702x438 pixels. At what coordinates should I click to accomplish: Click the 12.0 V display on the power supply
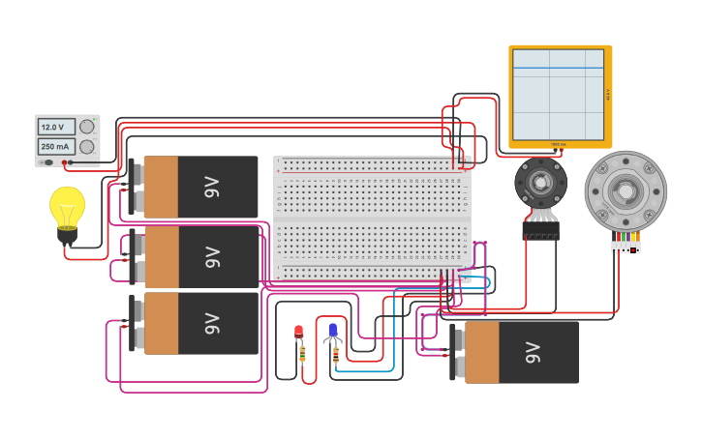click(x=51, y=127)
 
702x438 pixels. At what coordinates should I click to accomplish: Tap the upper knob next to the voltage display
click(x=87, y=127)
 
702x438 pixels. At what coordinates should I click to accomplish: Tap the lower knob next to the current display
click(x=87, y=146)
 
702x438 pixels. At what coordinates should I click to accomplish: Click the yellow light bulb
click(x=67, y=206)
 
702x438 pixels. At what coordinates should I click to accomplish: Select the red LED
click(x=299, y=333)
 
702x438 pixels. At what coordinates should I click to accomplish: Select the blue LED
click(x=333, y=331)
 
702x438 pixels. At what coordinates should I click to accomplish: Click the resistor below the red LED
click(x=301, y=355)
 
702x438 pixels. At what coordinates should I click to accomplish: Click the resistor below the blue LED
click(x=335, y=355)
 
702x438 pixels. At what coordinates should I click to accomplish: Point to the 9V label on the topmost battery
click(x=212, y=187)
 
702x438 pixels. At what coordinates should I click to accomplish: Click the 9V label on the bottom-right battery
click(x=532, y=353)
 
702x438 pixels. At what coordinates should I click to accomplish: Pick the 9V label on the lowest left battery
click(x=212, y=323)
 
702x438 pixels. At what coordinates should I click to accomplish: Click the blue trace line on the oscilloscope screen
click(x=560, y=69)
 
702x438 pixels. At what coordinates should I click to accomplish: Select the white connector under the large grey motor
click(x=626, y=247)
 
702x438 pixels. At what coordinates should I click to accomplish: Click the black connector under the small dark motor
click(x=540, y=230)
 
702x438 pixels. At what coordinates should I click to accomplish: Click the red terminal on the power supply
click(x=64, y=163)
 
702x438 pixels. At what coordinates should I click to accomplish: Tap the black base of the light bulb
click(x=67, y=234)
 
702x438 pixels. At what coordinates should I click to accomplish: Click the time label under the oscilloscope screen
click(x=558, y=144)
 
